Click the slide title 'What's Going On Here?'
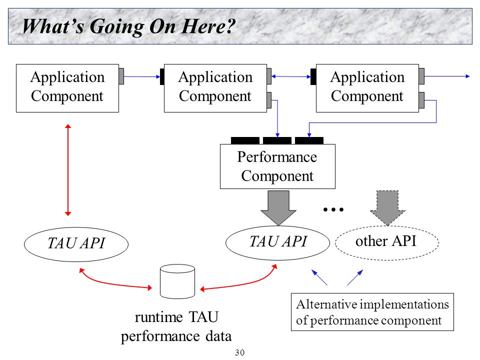click(128, 26)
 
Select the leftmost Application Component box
click(67, 88)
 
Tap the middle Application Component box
click(215, 88)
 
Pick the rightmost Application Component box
click(367, 88)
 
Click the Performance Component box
click(277, 166)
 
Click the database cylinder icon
click(177, 281)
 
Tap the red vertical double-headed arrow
click(68, 170)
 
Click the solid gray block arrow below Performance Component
click(278, 208)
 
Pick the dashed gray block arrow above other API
click(387, 208)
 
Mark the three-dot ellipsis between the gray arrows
click(333, 209)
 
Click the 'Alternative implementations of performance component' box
click(372, 312)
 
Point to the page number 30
click(239, 352)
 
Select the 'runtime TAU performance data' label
click(176, 326)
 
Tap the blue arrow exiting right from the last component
click(447, 76)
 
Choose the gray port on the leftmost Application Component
click(121, 76)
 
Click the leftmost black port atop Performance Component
click(245, 140)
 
